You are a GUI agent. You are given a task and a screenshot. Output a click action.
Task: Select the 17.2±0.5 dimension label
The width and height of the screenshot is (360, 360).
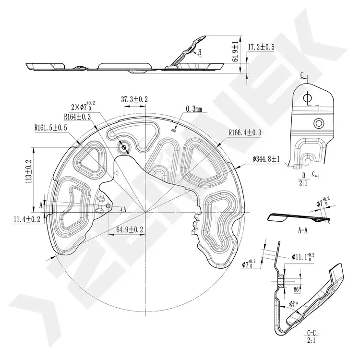[x=261, y=47]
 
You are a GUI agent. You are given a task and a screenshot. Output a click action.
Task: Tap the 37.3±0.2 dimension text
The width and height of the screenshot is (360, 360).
[x=134, y=99]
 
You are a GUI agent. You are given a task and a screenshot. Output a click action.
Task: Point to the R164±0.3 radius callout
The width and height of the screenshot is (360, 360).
[x=77, y=117]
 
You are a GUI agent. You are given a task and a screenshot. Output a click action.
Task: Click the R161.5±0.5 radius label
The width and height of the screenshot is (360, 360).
[x=51, y=128]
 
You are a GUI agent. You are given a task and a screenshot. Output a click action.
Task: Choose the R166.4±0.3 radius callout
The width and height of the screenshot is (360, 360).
[x=245, y=132]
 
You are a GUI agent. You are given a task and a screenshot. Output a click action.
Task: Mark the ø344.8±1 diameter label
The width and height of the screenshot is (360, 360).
[x=266, y=159]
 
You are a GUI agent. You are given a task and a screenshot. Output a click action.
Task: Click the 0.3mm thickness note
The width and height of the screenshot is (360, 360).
[x=194, y=109]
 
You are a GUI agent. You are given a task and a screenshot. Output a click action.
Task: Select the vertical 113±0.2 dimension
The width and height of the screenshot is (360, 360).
[x=29, y=171]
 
